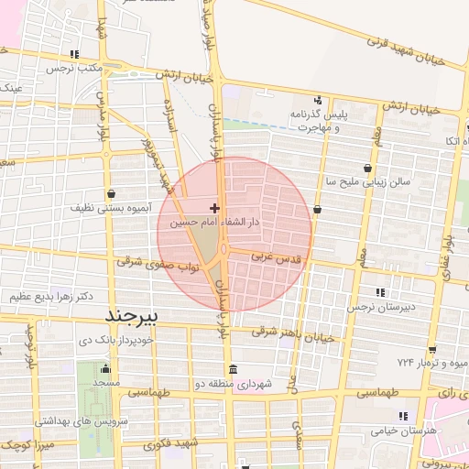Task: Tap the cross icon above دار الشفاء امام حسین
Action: tap(214, 209)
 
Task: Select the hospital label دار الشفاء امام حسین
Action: tap(216, 223)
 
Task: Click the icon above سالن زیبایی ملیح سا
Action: tap(368, 169)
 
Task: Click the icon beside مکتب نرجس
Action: tap(74, 54)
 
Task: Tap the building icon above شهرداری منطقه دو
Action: tap(234, 370)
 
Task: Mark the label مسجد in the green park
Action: tap(106, 382)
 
